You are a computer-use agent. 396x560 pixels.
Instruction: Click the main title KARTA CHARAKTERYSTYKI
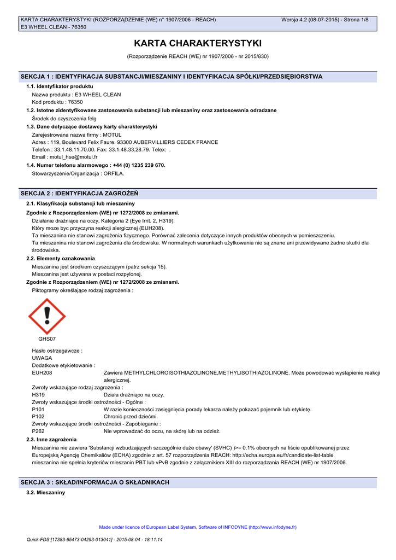(x=198, y=43)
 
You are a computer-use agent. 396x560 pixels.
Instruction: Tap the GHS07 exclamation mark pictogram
(x=47, y=316)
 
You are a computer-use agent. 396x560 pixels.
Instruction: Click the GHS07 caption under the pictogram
(x=47, y=339)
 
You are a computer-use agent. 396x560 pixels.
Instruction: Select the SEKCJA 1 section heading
(x=171, y=77)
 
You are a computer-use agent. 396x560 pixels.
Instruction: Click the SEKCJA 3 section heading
(x=94, y=482)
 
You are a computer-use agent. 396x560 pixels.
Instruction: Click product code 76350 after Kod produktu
(x=75, y=102)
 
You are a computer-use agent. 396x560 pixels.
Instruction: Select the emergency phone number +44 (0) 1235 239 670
(x=138, y=165)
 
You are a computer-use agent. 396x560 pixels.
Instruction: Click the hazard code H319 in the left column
(x=38, y=394)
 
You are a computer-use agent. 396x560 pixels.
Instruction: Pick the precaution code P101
(x=38, y=409)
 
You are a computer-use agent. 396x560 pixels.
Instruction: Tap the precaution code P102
(x=38, y=416)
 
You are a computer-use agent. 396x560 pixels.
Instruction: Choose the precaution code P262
(x=38, y=431)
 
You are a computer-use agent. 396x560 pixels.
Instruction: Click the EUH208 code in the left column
(x=42, y=372)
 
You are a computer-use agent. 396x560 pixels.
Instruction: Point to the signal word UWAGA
(x=42, y=358)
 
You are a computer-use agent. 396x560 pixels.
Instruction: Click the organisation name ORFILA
(x=113, y=173)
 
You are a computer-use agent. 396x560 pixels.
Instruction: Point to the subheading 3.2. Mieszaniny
(x=46, y=493)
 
